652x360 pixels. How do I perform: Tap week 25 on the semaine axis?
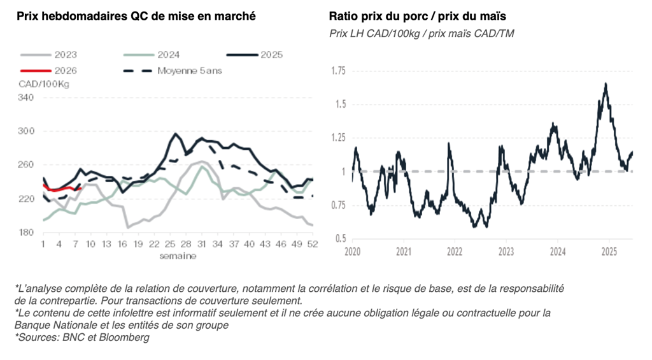(170, 244)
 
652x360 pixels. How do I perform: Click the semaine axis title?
(178, 256)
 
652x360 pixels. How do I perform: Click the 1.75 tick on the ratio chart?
(338, 71)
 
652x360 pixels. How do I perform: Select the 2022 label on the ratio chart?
(455, 251)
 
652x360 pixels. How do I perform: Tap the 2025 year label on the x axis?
(609, 251)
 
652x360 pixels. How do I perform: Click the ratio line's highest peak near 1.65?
(606, 83)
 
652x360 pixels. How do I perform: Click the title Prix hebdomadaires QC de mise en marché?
(136, 16)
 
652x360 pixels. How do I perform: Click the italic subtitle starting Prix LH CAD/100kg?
(422, 33)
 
